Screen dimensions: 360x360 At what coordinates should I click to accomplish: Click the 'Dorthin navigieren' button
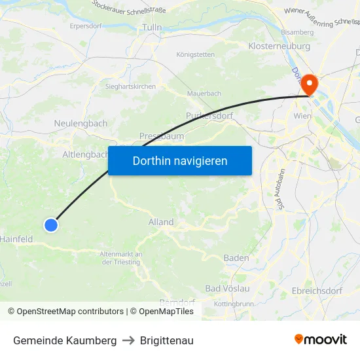point(179,160)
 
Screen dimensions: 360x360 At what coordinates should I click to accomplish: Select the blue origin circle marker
point(51,225)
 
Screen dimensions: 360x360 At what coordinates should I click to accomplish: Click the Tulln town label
point(152,27)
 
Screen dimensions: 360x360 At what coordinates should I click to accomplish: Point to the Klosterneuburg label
point(278,46)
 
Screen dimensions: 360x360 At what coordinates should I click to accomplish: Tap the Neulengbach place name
point(81,123)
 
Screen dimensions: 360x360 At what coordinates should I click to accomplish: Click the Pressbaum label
point(161,136)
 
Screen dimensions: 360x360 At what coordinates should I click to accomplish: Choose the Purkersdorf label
point(209,115)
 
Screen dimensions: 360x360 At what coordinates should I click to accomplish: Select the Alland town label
point(161,222)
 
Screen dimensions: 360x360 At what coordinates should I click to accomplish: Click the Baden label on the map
point(236,258)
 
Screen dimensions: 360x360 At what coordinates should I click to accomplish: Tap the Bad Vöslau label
point(227,289)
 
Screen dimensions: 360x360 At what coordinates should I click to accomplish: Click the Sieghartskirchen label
point(131,86)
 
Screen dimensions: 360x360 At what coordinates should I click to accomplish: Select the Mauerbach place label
point(204,94)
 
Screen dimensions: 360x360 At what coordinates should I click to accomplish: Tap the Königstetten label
point(195,54)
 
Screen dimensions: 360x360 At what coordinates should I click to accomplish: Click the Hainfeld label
point(16,240)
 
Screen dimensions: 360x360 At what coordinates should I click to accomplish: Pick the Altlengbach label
point(84,154)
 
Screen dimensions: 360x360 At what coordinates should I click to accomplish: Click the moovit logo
point(321,340)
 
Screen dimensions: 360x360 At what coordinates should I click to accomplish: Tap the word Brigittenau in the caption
point(166,340)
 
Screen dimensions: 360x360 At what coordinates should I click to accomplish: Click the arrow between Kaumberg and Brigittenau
point(128,340)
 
